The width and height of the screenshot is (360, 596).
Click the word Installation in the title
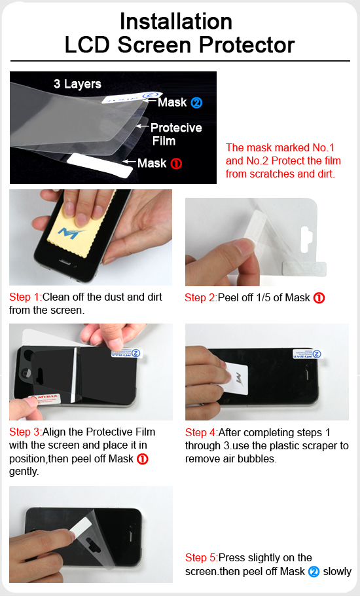pyautogui.click(x=176, y=21)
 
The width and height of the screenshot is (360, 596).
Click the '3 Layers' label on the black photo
pyautogui.click(x=77, y=84)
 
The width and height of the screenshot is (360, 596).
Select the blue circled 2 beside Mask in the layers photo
pyautogui.click(x=196, y=102)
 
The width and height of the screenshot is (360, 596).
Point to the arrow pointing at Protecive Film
pyautogui.click(x=142, y=126)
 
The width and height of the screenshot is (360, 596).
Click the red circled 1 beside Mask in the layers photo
pyautogui.click(x=176, y=164)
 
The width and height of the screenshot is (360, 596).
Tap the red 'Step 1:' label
pyautogui.click(x=26, y=297)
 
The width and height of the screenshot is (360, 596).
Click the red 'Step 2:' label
pyautogui.click(x=201, y=297)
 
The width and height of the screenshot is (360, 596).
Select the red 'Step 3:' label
pyautogui.click(x=26, y=432)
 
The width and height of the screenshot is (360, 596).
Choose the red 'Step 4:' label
pyautogui.click(x=202, y=432)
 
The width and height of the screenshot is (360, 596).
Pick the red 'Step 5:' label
pyautogui.click(x=202, y=557)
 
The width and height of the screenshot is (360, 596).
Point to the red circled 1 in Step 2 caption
pyautogui.click(x=319, y=298)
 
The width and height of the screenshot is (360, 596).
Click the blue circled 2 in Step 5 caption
pyautogui.click(x=314, y=571)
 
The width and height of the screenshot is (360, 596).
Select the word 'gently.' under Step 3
pyautogui.click(x=24, y=472)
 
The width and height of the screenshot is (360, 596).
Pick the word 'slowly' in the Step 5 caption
pyautogui.click(x=337, y=571)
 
